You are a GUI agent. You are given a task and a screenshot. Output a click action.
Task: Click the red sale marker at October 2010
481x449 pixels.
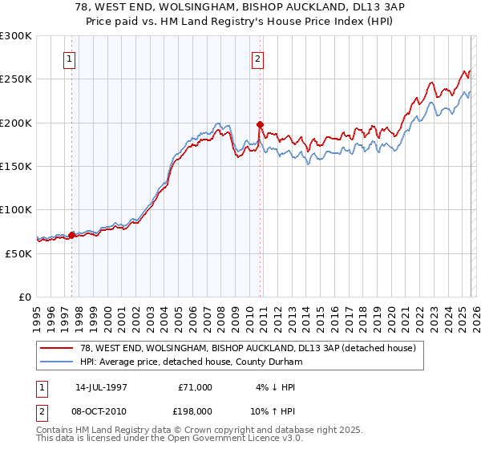click(260, 124)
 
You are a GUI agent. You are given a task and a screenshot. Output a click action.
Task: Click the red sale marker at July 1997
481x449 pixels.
click(72, 235)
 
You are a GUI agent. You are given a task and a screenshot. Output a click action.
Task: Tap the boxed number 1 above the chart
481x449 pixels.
click(70, 59)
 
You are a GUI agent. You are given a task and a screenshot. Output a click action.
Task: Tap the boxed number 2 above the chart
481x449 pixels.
click(257, 59)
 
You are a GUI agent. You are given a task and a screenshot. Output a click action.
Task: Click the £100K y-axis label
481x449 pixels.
click(16, 209)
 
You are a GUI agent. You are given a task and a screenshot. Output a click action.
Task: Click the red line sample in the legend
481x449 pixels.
click(57, 349)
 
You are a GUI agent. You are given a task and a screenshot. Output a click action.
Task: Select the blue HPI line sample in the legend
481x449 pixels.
click(57, 362)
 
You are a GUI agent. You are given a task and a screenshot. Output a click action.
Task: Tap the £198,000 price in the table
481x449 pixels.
click(189, 411)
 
